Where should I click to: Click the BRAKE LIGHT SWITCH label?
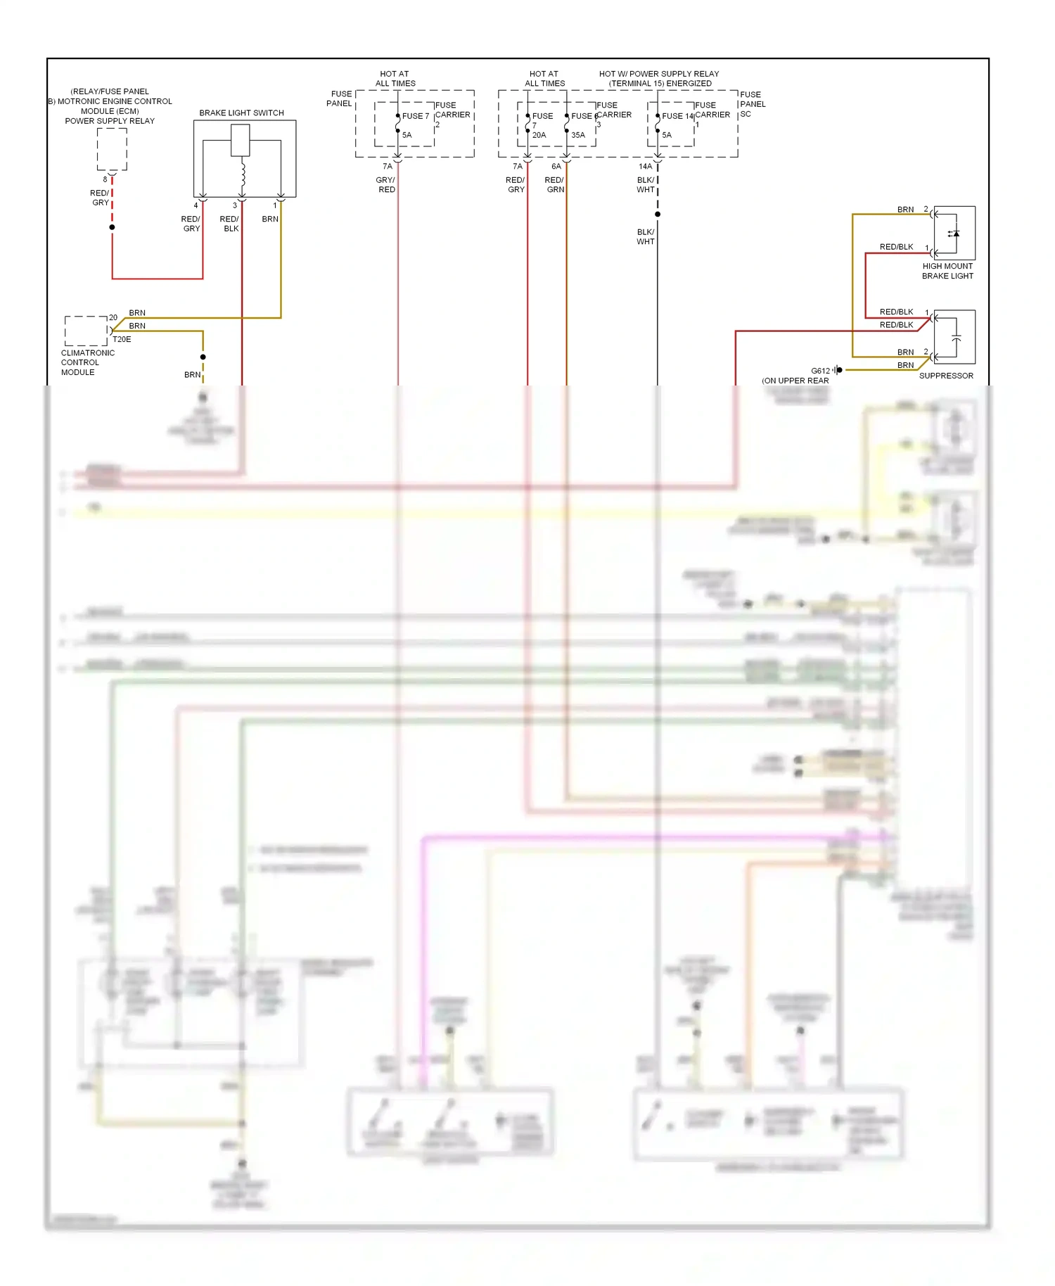(x=241, y=113)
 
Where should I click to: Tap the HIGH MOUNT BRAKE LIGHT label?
(x=947, y=271)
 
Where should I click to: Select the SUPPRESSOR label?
(x=946, y=376)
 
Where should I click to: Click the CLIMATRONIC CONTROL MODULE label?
(x=87, y=362)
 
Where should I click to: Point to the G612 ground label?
(x=820, y=371)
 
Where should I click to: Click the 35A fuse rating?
(x=578, y=135)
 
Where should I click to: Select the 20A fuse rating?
(x=539, y=135)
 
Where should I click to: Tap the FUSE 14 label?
(x=677, y=116)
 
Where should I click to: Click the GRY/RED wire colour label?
(x=385, y=185)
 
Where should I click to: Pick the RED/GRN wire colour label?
(x=555, y=185)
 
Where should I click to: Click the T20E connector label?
(x=122, y=339)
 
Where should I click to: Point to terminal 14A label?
(x=645, y=167)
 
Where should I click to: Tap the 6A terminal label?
(x=556, y=167)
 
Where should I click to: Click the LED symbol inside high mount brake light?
(x=954, y=234)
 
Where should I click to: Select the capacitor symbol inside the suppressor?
(x=956, y=338)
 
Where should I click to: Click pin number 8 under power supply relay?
(x=105, y=179)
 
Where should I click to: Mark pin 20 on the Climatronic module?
(x=113, y=317)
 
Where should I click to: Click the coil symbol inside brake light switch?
(x=243, y=174)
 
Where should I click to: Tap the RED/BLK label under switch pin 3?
(x=229, y=224)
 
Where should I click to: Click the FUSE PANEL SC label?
(x=752, y=104)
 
